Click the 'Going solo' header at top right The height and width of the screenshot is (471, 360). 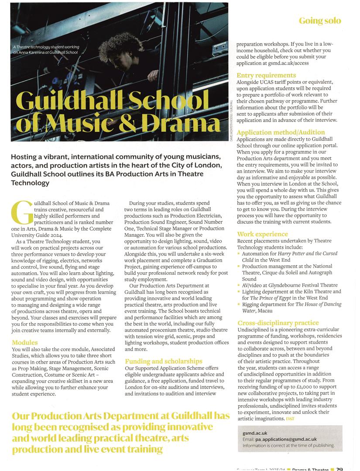[320, 20]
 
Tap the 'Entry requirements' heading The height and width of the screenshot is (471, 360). [266, 75]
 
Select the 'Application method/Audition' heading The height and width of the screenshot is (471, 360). [281, 132]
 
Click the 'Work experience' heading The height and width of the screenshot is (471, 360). [262, 234]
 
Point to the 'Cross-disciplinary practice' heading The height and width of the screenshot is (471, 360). [278, 323]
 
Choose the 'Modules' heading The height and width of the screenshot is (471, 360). [25, 343]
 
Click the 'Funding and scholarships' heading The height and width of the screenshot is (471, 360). [164, 361]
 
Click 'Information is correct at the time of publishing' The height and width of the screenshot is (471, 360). [288, 446]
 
